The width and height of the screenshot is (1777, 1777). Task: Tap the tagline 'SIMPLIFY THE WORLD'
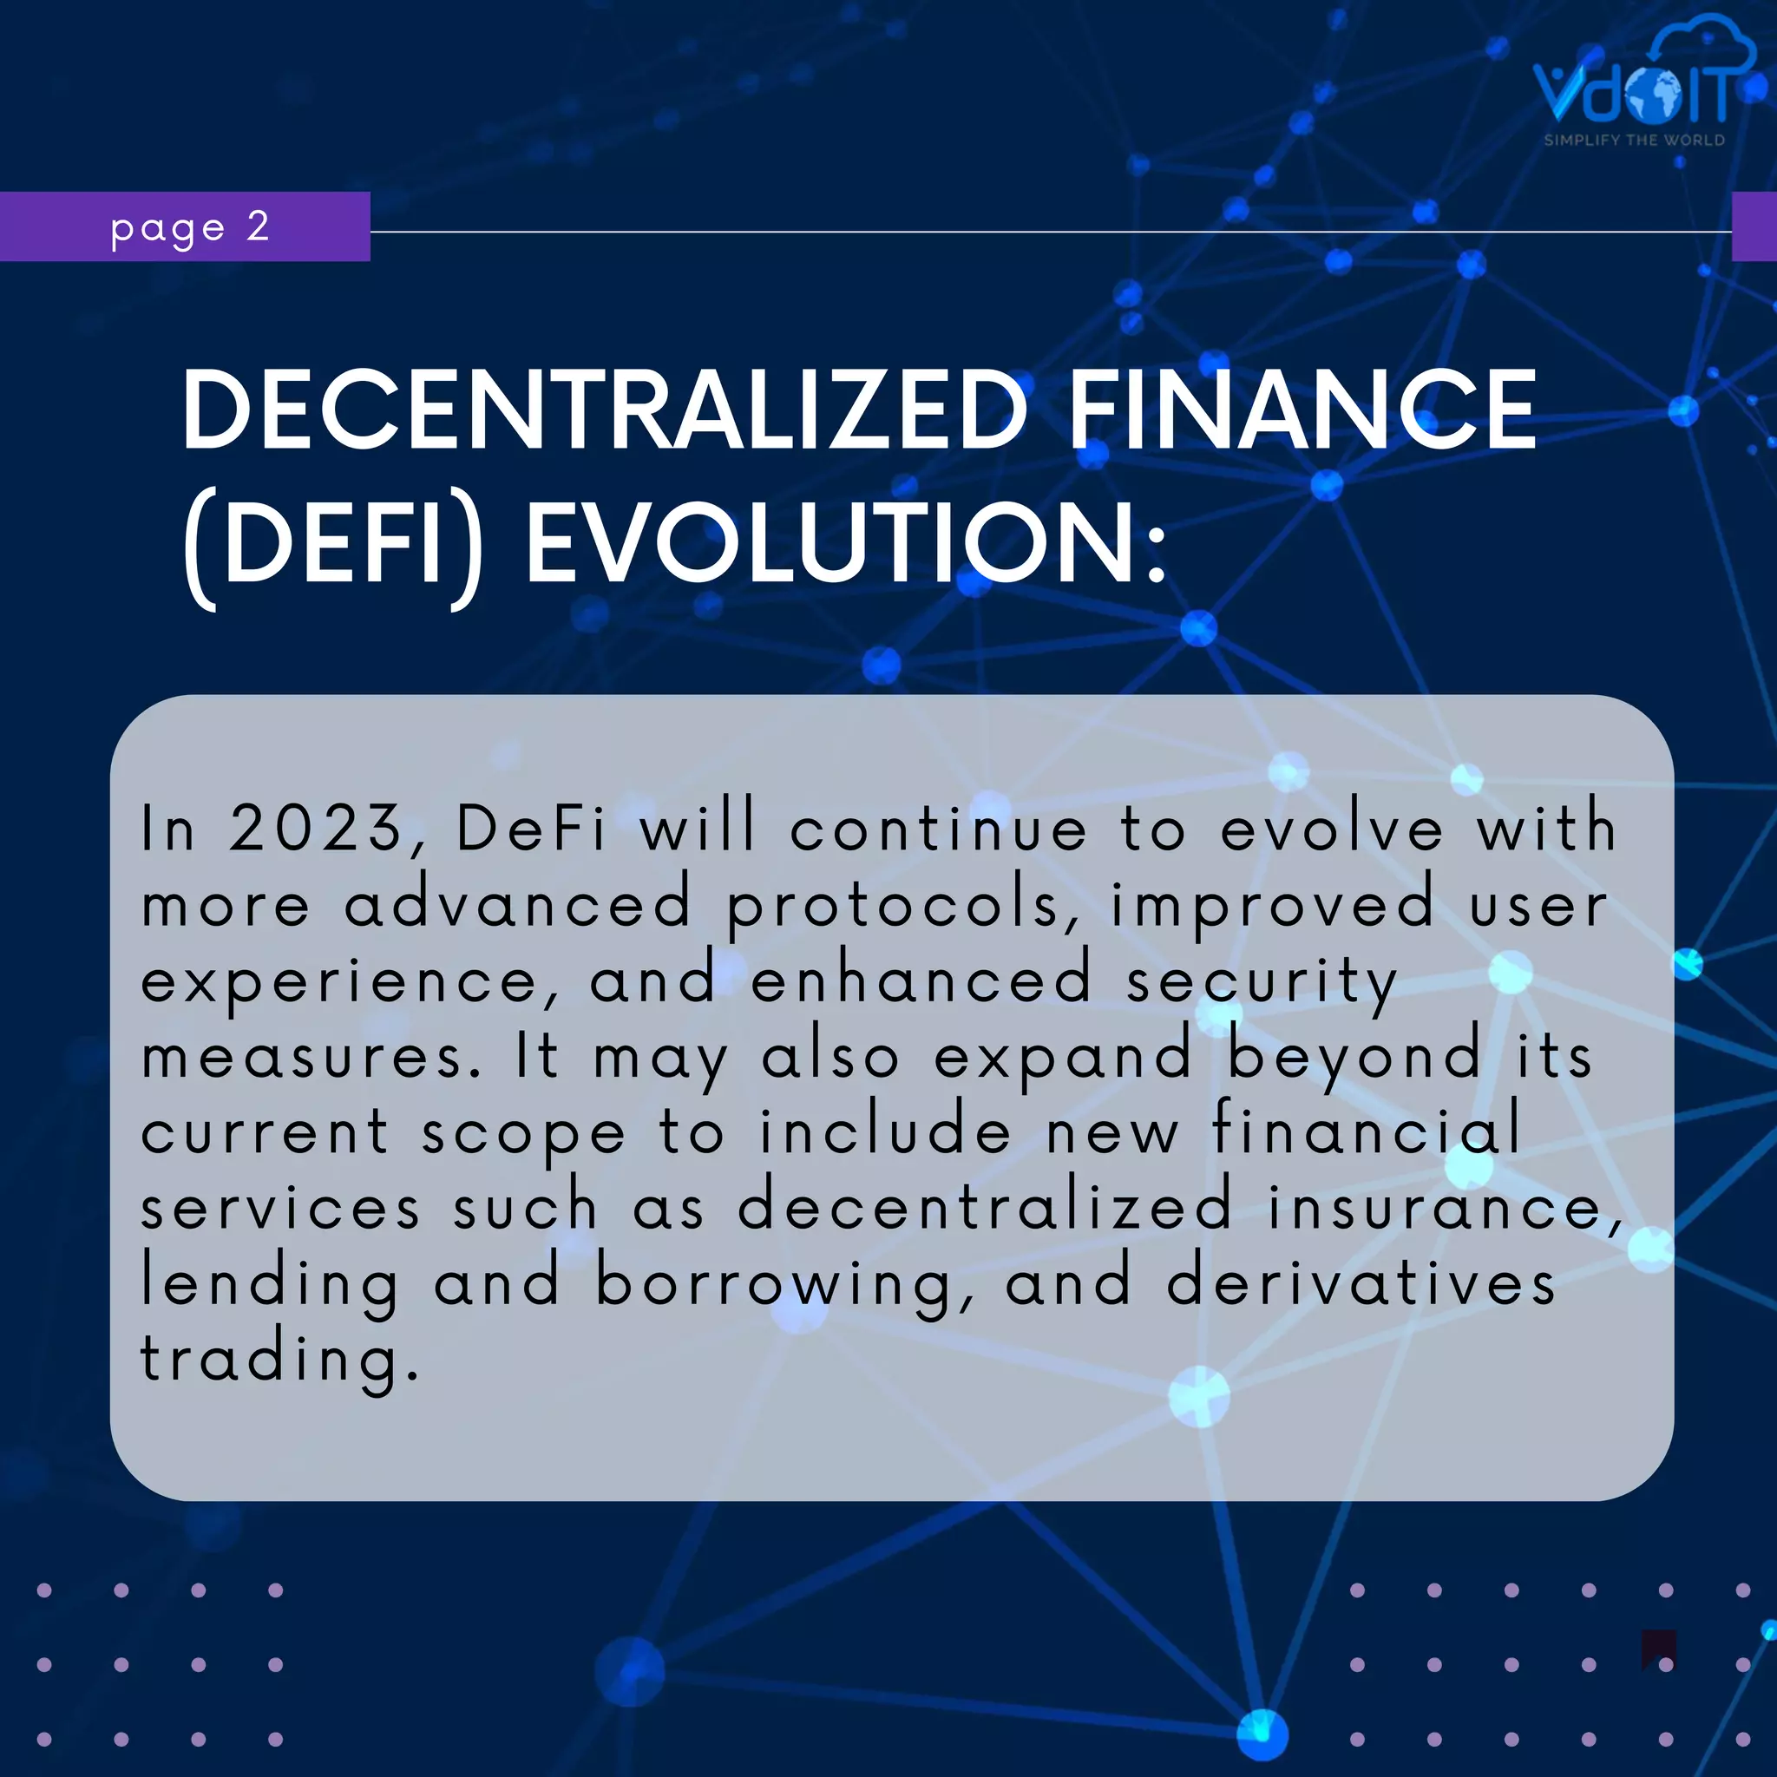click(x=1635, y=141)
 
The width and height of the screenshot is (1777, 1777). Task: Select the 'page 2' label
click(x=189, y=227)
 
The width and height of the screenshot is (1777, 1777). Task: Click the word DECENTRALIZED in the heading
click(x=603, y=410)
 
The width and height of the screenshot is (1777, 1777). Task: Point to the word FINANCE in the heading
click(x=1302, y=410)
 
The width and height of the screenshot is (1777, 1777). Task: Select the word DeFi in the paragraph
click(x=531, y=828)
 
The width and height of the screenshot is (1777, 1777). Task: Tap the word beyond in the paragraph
click(x=1354, y=1058)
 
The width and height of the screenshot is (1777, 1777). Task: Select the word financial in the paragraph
click(x=1366, y=1131)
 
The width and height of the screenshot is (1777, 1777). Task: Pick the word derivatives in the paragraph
click(x=1361, y=1284)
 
